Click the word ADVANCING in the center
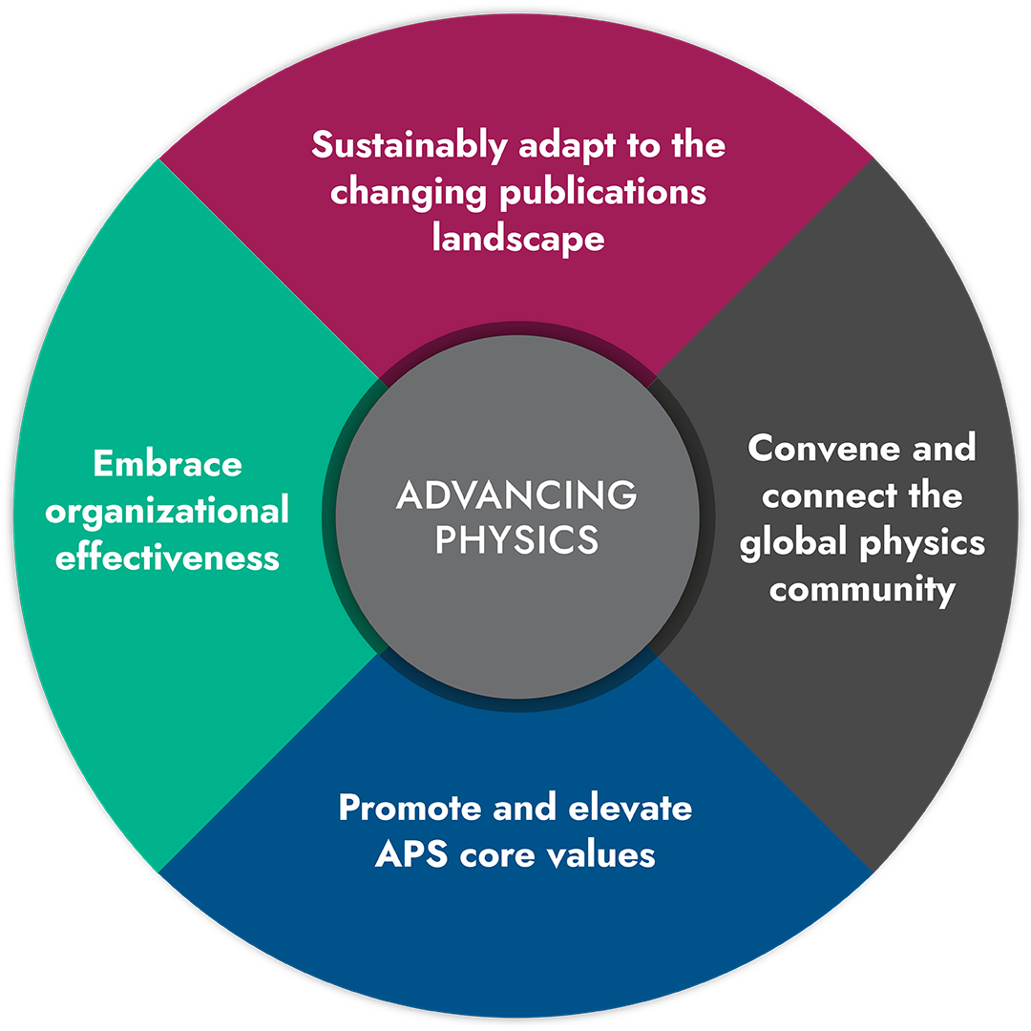[516, 494]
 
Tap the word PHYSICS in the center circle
[516, 539]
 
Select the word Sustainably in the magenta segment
[409, 146]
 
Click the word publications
[602, 193]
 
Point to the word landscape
[518, 239]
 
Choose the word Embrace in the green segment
[168, 464]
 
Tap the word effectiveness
[167, 557]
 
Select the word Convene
[824, 449]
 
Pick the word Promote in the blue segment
[410, 808]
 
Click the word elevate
[630, 808]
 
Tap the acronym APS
[411, 854]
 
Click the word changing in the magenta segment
[409, 193]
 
